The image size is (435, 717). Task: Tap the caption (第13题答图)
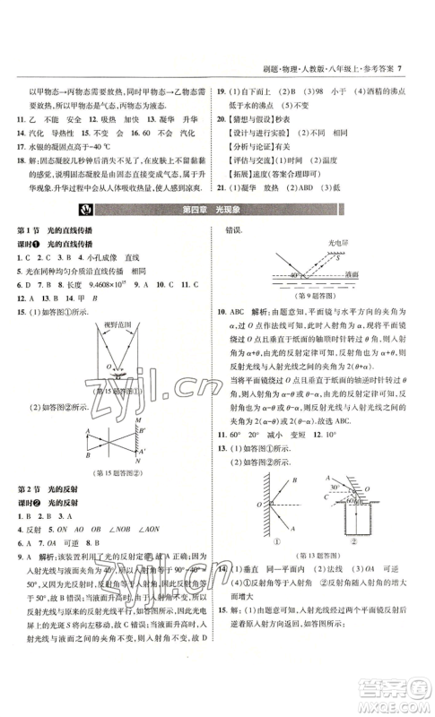pos(316,556)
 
